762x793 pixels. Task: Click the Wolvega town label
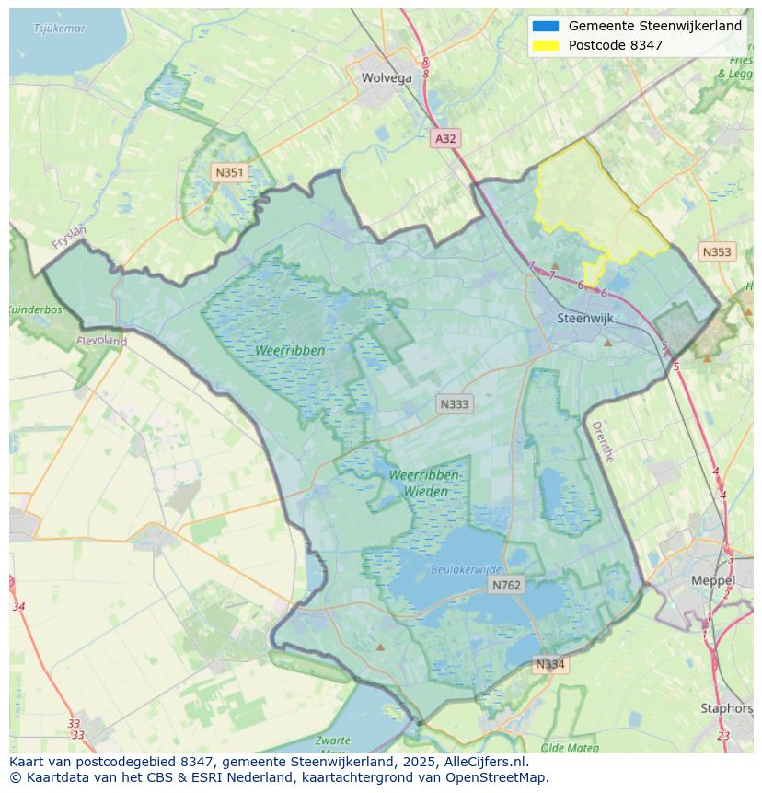(x=387, y=78)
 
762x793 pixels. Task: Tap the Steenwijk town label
(x=585, y=319)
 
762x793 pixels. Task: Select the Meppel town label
(x=712, y=581)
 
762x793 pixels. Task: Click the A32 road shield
(x=445, y=139)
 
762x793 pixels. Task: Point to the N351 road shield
(x=229, y=172)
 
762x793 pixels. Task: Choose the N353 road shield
(x=717, y=252)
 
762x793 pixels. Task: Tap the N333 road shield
(x=454, y=404)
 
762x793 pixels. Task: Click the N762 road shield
(x=506, y=585)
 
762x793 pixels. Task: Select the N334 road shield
(x=550, y=664)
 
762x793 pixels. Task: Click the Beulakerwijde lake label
(x=467, y=570)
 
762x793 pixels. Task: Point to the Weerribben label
(x=291, y=351)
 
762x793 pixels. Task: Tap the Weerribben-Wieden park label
(x=425, y=483)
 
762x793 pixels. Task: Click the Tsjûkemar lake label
(x=59, y=29)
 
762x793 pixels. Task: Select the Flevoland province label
(x=101, y=341)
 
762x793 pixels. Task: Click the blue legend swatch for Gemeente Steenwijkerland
(x=545, y=26)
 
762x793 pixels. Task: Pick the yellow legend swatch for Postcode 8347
(x=545, y=45)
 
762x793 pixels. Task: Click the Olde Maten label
(x=571, y=748)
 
